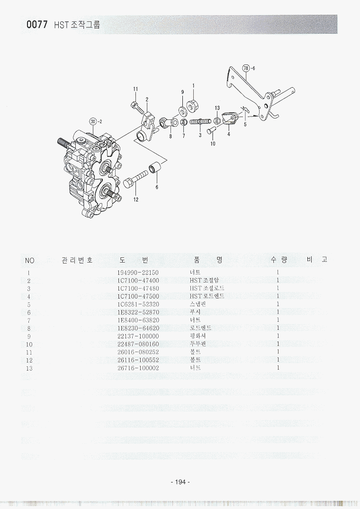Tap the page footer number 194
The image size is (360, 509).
point(180,482)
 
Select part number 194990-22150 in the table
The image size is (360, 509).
point(137,273)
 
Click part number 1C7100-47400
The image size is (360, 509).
point(137,281)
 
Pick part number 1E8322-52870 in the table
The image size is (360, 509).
point(137,312)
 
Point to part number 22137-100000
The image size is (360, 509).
point(137,336)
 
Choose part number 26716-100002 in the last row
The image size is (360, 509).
point(137,368)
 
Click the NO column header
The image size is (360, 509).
point(30,260)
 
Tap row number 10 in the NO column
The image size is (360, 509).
point(29,344)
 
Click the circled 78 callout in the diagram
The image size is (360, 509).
point(246,68)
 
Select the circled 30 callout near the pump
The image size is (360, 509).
point(93,121)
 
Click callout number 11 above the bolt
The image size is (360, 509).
point(135,89)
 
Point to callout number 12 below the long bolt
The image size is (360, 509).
point(135,199)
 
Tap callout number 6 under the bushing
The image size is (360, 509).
point(156,187)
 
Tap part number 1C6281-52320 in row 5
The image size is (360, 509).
point(137,304)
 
